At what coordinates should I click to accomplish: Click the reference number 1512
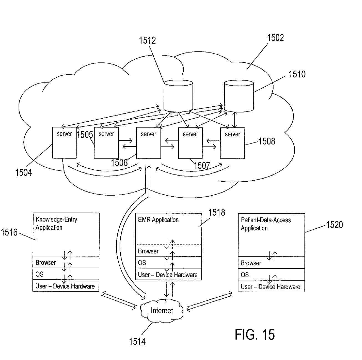147,41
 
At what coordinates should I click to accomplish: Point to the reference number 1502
275,38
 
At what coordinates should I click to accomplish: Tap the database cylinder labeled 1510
239,96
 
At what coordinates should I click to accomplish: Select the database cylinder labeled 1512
178,96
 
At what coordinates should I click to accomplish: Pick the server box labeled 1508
232,143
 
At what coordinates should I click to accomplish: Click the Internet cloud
162,311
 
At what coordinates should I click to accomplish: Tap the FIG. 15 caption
255,334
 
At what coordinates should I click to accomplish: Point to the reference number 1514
137,341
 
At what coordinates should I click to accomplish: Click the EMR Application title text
158,220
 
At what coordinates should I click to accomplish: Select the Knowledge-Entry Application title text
56,224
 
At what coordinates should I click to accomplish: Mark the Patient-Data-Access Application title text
265,224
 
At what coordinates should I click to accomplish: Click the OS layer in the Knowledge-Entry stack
66,274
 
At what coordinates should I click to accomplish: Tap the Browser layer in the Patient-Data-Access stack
271,263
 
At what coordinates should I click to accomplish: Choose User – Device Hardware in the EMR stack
168,275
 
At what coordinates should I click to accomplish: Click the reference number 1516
9,232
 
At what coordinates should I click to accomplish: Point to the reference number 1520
334,225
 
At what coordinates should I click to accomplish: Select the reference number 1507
202,166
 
